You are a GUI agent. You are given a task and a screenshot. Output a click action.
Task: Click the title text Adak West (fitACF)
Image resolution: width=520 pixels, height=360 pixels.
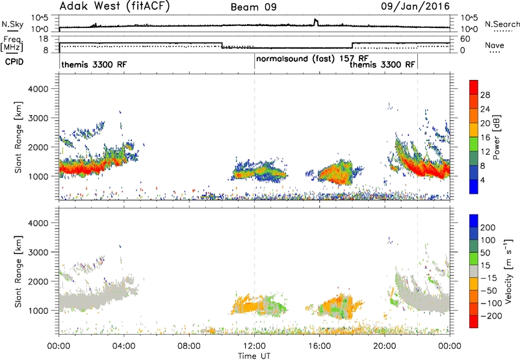click(x=114, y=6)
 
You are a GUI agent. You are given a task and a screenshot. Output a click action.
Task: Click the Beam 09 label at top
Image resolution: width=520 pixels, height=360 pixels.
click(x=253, y=7)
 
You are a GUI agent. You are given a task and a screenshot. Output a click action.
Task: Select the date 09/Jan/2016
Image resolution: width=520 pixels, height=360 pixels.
click(x=415, y=6)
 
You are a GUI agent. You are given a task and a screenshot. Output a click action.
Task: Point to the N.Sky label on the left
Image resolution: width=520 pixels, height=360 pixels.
click(x=12, y=24)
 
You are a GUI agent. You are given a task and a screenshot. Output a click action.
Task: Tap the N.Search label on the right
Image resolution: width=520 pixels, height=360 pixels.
click(x=502, y=24)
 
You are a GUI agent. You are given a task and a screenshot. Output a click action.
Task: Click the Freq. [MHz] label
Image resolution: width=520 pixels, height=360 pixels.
click(x=12, y=44)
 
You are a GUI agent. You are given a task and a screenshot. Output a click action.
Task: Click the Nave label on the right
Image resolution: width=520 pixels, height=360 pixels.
click(x=495, y=45)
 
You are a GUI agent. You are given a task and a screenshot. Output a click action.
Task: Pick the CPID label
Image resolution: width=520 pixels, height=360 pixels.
click(x=14, y=62)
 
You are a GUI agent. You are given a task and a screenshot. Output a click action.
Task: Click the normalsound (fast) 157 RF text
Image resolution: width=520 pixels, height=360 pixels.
click(x=312, y=58)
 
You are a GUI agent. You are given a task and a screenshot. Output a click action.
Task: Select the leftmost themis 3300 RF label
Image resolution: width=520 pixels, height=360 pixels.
click(x=94, y=64)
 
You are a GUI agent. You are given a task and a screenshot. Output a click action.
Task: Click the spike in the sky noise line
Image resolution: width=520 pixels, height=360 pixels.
click(x=316, y=21)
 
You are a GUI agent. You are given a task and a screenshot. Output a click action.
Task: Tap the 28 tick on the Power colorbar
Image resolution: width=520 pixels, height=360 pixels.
click(x=485, y=95)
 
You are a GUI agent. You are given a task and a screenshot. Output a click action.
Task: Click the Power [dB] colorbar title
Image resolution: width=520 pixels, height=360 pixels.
click(x=496, y=137)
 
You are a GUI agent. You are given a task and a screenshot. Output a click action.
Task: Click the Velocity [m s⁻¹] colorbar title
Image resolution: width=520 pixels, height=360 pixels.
click(x=508, y=272)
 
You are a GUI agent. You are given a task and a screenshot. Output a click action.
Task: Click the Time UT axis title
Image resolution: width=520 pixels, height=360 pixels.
click(x=254, y=356)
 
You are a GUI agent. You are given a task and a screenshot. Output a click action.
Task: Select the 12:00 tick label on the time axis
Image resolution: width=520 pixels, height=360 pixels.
click(x=254, y=346)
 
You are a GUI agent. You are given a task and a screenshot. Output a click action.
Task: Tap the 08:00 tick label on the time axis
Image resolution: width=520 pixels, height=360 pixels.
click(x=189, y=346)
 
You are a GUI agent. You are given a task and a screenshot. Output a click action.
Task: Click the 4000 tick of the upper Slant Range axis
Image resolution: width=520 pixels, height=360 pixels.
click(x=38, y=89)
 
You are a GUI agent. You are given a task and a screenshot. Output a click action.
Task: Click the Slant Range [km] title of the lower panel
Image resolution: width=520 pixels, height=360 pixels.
click(x=19, y=272)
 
